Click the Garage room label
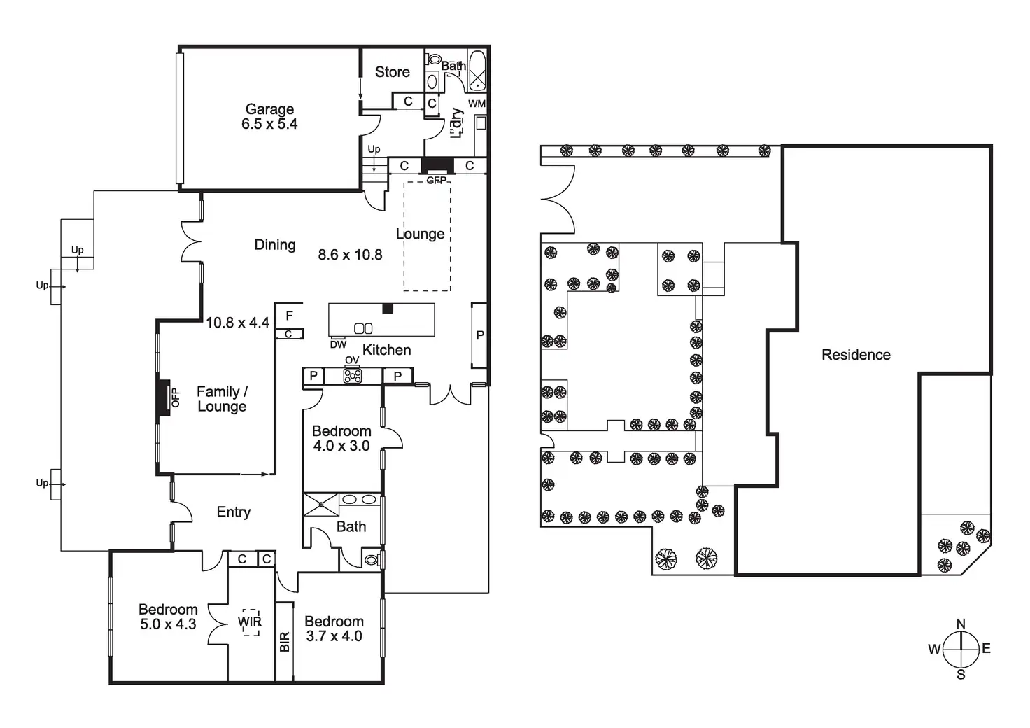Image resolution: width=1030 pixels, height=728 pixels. pos(269,109)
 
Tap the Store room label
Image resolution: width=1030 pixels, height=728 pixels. pos(392,71)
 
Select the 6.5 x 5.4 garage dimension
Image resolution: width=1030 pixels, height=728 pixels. pos(269,124)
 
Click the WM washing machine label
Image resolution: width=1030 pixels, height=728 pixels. pos(477,104)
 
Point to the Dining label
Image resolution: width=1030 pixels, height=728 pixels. pos(274,244)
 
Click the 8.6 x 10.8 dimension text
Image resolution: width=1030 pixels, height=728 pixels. pos(350,255)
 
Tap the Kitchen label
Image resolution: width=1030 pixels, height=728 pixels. pos(386,350)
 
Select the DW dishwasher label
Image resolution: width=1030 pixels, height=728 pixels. pos(338,344)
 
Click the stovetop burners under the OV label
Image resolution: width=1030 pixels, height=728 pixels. pos(352,376)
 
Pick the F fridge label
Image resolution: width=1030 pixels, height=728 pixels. pos(289,316)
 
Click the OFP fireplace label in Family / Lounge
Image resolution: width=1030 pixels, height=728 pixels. pos(175,398)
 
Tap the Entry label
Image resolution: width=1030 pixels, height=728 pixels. pos(233,512)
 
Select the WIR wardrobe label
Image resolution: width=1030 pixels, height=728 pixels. pos(250,621)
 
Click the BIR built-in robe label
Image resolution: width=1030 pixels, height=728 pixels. pos(284,642)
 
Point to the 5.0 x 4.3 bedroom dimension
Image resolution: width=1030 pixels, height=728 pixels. pos(168,624)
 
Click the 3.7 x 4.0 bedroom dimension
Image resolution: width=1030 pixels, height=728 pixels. pos(334,636)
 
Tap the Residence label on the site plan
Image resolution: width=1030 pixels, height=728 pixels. pos(856,355)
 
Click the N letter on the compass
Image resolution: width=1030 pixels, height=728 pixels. pos(961,624)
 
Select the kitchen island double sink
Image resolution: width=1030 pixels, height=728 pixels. pos(364,328)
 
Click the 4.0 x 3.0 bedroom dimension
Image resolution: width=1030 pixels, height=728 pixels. pos(341,446)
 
